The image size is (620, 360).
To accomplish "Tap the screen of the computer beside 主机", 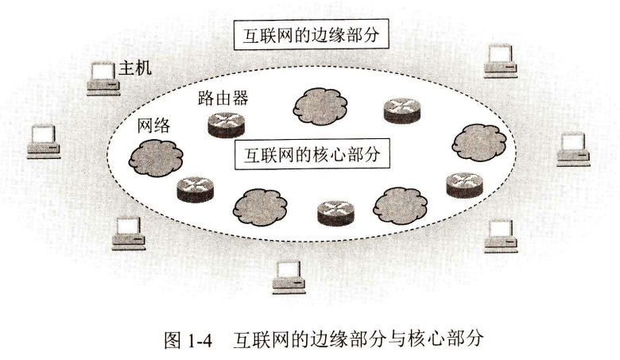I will pos(100,71).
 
